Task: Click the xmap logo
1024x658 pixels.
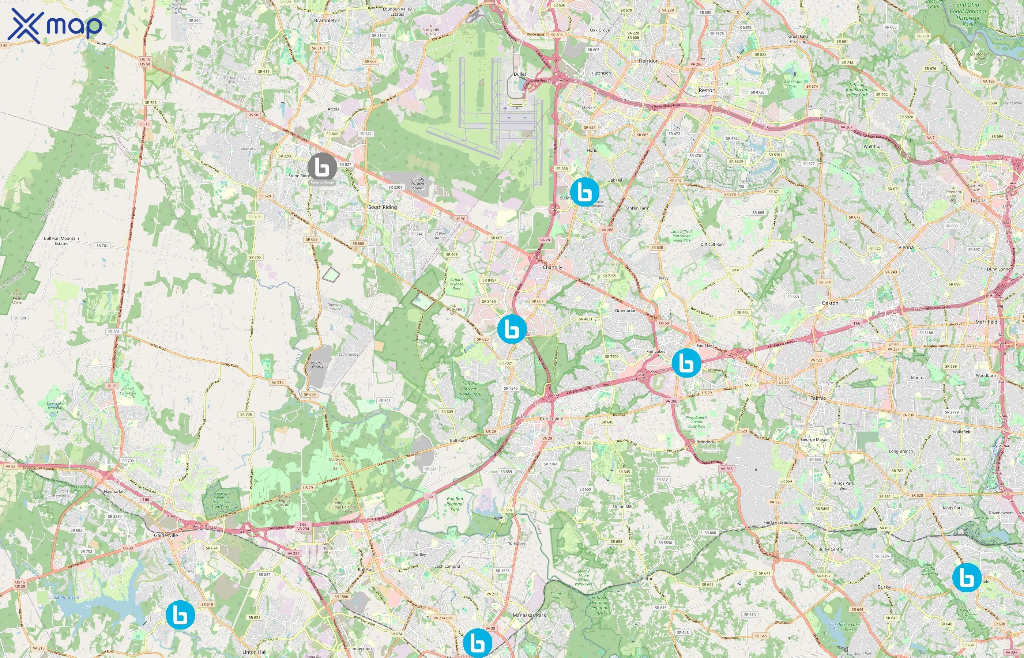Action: [55, 26]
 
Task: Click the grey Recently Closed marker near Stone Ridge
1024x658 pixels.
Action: [322, 167]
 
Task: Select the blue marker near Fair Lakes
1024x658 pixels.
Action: [686, 363]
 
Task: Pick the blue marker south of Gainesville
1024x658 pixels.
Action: [180, 615]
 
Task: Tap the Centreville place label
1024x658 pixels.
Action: [551, 419]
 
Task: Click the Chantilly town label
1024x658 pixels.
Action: [552, 267]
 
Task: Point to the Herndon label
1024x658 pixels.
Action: [648, 61]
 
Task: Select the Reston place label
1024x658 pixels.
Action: [707, 91]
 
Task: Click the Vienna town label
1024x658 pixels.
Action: [906, 247]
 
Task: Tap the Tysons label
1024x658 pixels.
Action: [978, 200]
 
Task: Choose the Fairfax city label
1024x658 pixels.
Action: [818, 398]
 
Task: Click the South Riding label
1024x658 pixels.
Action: [383, 207]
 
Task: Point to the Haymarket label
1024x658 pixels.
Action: [114, 491]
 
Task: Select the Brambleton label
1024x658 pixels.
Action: [327, 20]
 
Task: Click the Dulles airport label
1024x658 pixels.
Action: [520, 74]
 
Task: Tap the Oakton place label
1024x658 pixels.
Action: [829, 303]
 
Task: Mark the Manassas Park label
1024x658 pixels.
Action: [529, 615]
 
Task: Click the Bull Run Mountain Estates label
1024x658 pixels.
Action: [61, 241]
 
